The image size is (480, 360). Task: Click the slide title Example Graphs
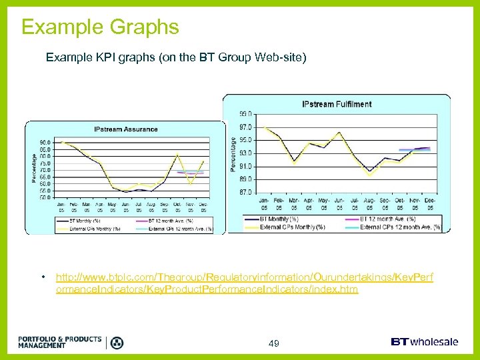100,27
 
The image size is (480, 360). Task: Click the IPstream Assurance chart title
125,129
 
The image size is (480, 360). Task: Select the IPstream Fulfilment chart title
337,104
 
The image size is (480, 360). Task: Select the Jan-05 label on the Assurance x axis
61,207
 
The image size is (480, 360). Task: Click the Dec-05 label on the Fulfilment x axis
431,203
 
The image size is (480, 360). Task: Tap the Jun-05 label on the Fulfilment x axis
339,203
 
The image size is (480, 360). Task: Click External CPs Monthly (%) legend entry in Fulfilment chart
293,227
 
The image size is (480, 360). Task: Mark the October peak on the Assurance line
177,155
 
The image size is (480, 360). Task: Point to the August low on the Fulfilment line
370,173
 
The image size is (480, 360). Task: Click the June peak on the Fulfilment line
339,132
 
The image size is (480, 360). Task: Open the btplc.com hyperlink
244,283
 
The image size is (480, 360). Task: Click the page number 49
273,343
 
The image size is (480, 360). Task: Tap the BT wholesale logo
425,342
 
